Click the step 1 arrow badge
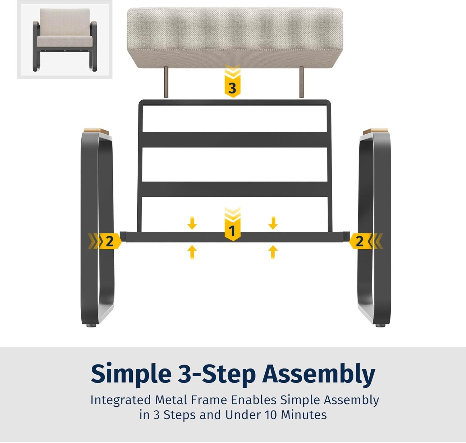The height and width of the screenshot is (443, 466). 232,224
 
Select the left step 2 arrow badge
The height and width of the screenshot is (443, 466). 105,241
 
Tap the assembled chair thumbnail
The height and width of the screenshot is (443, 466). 65,39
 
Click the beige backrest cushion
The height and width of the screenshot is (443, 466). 235,38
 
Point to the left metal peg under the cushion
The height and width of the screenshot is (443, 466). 166,82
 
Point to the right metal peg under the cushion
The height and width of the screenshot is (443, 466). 301,82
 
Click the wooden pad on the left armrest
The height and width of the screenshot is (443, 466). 96,131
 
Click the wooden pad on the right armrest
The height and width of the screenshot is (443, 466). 376,131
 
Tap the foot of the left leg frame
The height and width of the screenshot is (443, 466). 91,326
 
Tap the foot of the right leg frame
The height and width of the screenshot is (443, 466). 381,326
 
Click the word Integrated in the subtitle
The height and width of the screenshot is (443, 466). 121,400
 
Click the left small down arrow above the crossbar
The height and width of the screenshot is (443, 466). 192,223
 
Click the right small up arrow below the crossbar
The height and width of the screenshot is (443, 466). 273,252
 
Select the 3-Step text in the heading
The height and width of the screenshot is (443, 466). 217,373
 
